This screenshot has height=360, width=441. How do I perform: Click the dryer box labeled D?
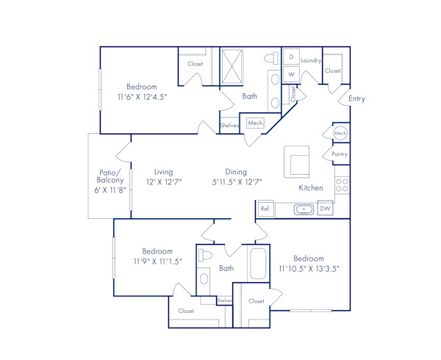(x=291, y=57)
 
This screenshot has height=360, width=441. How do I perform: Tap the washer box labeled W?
(x=291, y=74)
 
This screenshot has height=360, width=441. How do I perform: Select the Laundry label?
(x=312, y=60)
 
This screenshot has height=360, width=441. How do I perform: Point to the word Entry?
(x=357, y=98)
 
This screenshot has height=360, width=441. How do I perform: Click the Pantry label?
(x=340, y=154)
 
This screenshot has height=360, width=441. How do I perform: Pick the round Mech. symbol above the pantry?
(x=340, y=133)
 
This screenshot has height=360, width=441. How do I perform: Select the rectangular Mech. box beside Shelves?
(x=256, y=123)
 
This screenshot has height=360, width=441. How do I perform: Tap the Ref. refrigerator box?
(x=265, y=209)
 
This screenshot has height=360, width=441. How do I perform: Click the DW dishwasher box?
(x=325, y=209)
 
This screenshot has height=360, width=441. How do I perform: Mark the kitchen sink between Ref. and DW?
(x=304, y=209)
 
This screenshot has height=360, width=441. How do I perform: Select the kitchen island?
(x=298, y=160)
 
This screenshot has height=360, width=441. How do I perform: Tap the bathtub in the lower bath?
(x=259, y=264)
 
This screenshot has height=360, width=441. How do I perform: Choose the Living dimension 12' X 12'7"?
(x=163, y=181)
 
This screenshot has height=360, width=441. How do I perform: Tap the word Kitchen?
(x=310, y=188)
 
